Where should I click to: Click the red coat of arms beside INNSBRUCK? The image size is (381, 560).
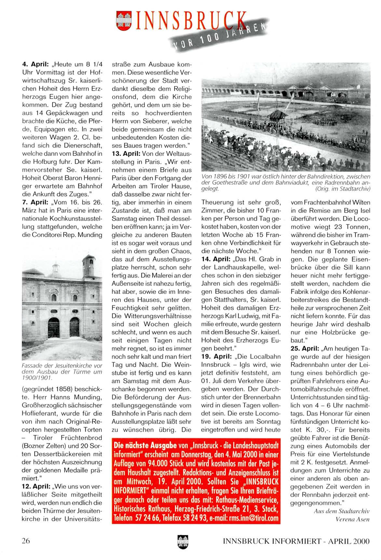click(124, 21)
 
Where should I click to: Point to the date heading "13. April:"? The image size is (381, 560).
click(126, 153)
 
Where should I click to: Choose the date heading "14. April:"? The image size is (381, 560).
click(216, 259)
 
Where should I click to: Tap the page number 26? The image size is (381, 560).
click(26, 541)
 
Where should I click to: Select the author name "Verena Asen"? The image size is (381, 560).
click(352, 519)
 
